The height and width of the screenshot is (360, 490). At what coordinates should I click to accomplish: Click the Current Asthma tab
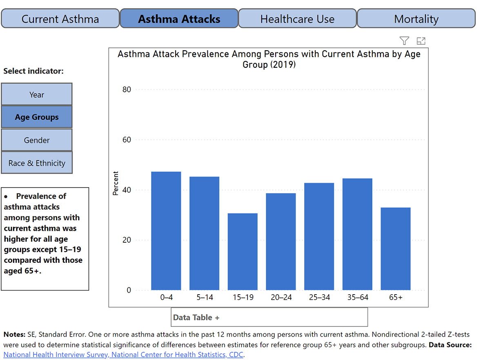[x=60, y=19]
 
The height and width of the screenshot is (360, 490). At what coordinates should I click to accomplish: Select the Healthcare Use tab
[x=297, y=19]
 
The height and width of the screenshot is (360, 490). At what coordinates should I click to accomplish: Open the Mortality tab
[x=416, y=19]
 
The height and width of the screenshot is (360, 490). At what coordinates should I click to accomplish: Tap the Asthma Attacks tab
[x=179, y=19]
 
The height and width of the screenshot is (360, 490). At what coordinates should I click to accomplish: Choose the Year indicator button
[x=37, y=94]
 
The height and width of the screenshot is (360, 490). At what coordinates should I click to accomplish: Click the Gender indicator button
[x=37, y=140]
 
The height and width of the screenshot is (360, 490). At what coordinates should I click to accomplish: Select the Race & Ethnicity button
[x=37, y=163]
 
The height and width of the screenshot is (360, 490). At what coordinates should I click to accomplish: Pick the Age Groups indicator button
[x=37, y=117]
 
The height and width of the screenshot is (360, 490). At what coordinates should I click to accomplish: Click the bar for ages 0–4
[x=166, y=231]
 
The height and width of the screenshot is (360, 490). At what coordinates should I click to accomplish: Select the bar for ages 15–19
[x=243, y=252]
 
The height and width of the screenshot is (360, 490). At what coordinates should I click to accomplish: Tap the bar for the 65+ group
[x=396, y=249]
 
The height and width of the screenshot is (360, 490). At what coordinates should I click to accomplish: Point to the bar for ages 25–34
[x=319, y=237]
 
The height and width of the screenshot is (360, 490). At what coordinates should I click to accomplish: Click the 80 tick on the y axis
[x=127, y=89]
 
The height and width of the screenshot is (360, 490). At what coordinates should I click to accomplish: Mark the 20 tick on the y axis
[x=127, y=240]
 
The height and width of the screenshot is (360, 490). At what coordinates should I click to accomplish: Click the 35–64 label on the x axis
[x=357, y=297]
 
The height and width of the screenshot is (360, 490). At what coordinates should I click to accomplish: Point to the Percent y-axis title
[x=116, y=183]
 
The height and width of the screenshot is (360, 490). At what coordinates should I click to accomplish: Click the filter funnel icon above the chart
[x=404, y=40]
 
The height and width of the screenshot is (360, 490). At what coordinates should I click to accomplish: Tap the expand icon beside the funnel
[x=421, y=40]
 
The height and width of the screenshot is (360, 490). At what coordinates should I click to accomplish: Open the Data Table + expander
[x=196, y=318]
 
